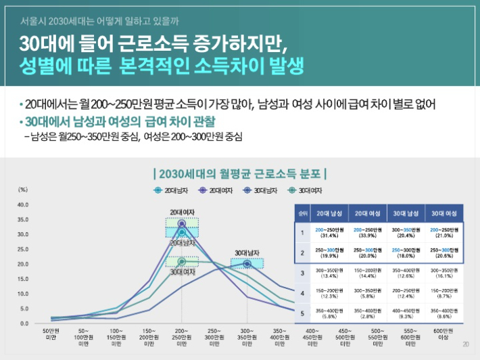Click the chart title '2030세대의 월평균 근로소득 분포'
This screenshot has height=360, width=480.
[x=240, y=173]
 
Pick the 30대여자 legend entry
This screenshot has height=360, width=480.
[x=305, y=191]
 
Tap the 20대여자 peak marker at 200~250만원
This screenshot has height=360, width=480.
[x=181, y=223]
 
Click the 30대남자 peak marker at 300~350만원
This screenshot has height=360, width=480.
[x=247, y=264]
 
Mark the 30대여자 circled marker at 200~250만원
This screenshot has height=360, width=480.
[x=181, y=261]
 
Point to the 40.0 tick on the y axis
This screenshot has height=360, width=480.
[x=23, y=204]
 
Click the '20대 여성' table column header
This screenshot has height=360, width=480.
[x=368, y=213]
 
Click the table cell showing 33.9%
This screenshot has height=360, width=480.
[x=368, y=233]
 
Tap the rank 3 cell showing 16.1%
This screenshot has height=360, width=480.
[x=443, y=273]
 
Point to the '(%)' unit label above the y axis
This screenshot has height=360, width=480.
[x=22, y=190]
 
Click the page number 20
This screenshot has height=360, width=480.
[x=465, y=344]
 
